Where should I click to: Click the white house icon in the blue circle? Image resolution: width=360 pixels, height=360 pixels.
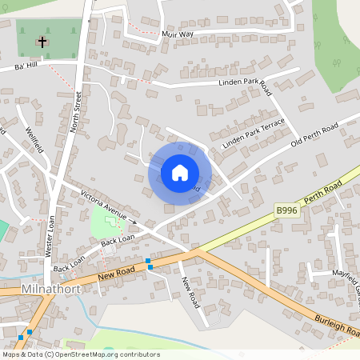point(180,173)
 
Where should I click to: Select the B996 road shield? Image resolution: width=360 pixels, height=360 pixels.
point(286,210)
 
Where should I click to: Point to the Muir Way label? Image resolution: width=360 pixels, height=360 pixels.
point(177,34)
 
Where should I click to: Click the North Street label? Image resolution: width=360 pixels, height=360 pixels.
point(78,113)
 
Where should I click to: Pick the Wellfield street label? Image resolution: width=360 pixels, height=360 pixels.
point(33,141)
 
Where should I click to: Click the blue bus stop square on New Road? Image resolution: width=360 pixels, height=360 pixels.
point(149,262)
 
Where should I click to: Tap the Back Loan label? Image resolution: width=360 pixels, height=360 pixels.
point(117,240)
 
